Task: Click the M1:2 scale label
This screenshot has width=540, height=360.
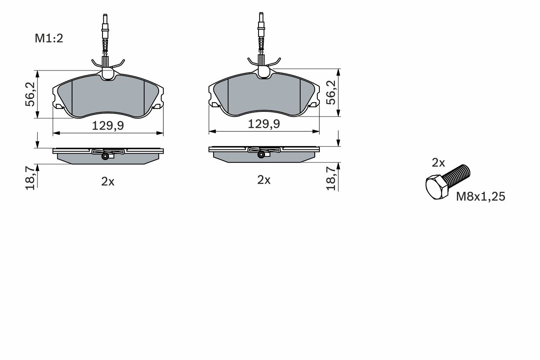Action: pyautogui.click(x=49, y=38)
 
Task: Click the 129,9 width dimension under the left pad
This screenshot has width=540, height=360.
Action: pyautogui.click(x=108, y=126)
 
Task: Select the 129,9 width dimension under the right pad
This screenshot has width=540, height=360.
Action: pyautogui.click(x=264, y=124)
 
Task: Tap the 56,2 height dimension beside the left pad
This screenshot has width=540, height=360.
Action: pyautogui.click(x=30, y=94)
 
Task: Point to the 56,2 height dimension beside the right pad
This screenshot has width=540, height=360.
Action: pyautogui.click(x=331, y=92)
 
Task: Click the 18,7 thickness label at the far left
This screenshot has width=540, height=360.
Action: pyautogui.click(x=30, y=178)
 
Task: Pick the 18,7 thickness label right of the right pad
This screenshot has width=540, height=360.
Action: pyautogui.click(x=331, y=179)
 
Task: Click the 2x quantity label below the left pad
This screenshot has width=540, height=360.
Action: pyautogui.click(x=108, y=181)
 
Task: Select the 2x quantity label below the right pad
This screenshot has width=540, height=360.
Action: pyautogui.click(x=264, y=180)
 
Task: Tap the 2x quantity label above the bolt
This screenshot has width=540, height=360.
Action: pyautogui.click(x=438, y=163)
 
